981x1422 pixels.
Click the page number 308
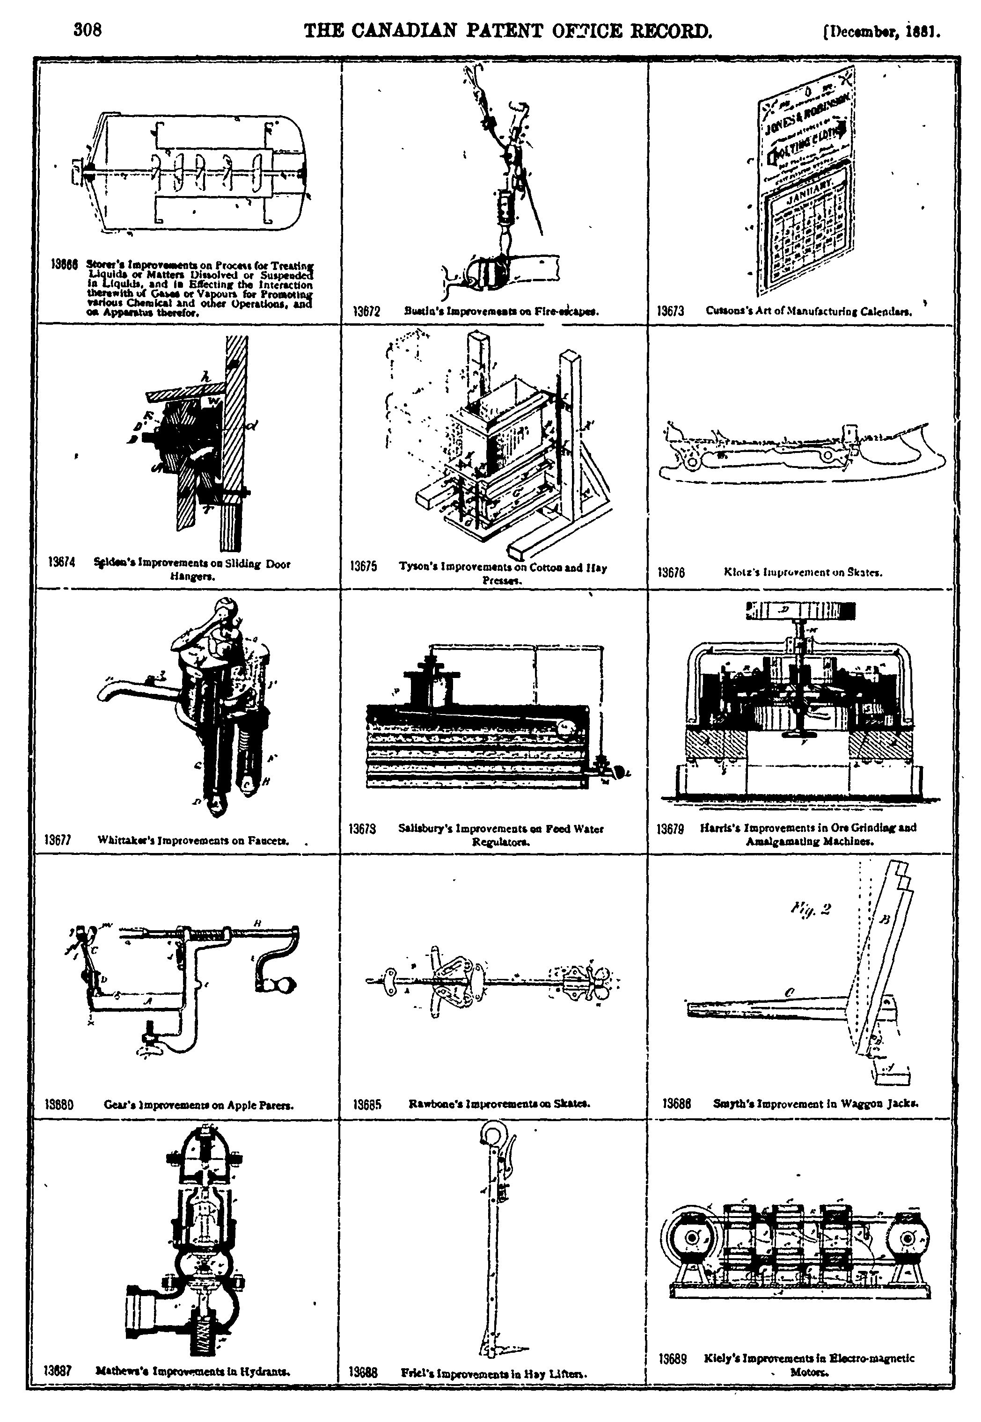87,30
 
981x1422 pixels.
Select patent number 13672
367,312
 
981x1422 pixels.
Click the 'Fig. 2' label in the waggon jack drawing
810,908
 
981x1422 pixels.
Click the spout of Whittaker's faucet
108,691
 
